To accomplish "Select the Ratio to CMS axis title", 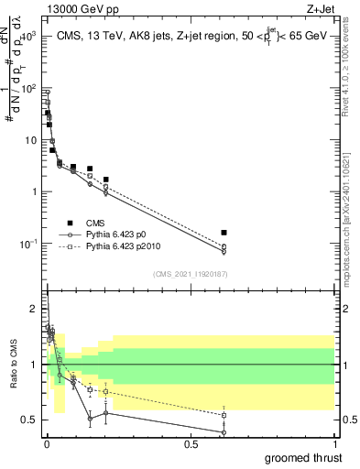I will [x=15, y=365].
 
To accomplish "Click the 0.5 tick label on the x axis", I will [x=191, y=444].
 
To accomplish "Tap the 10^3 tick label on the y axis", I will [x=27, y=38].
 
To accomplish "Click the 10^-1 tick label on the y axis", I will [x=27, y=244].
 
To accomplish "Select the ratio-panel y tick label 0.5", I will [x=28, y=420].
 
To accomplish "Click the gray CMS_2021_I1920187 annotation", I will [x=191, y=273].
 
